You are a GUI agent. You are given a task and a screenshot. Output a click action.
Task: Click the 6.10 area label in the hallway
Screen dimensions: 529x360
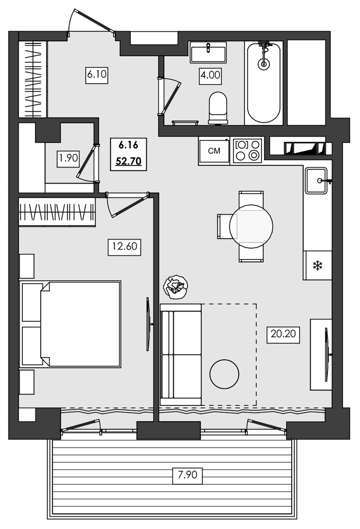point(97,75)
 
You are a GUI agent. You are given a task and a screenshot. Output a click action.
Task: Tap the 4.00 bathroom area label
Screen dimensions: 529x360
point(210,75)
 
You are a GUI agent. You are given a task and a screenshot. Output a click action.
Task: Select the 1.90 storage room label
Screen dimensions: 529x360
point(68,157)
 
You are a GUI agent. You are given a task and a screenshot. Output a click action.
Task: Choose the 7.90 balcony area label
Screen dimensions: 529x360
point(188,475)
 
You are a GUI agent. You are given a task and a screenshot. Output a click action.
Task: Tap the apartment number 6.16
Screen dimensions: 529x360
point(129,144)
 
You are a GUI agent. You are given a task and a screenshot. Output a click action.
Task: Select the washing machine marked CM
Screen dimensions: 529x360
point(214,151)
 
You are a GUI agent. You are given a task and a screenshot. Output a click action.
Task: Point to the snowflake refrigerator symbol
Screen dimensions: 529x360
point(318,266)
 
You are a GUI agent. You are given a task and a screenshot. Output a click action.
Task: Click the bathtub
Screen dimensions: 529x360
point(263,84)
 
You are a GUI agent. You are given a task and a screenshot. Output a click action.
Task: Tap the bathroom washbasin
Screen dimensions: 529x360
point(208,53)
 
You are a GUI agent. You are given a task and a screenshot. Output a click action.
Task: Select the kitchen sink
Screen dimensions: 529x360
point(318,180)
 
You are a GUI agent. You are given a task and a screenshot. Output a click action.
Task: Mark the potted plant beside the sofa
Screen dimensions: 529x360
point(176,287)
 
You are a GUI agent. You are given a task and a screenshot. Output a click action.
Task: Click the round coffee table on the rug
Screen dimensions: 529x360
point(224,373)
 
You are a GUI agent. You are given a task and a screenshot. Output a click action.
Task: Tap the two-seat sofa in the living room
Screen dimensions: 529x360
point(181,354)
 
